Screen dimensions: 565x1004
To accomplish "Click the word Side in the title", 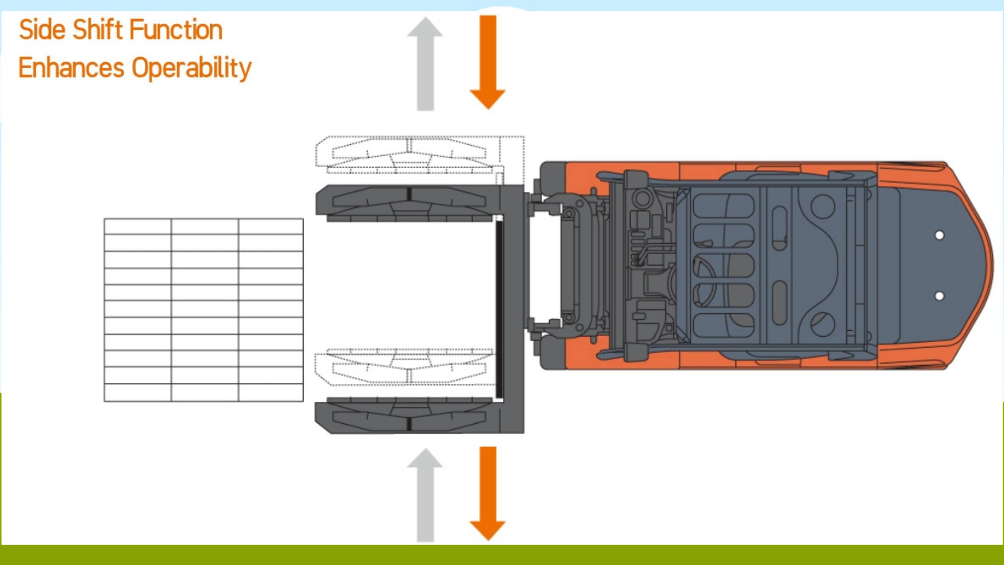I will tap(42, 30).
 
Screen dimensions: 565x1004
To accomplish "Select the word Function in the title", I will tap(176, 30).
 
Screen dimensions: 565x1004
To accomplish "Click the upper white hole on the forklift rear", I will tap(939, 235).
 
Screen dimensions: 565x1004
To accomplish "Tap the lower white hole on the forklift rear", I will tap(939, 296).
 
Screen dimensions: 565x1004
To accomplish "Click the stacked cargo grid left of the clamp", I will tap(204, 310).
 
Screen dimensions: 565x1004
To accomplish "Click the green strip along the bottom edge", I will tap(502, 555).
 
